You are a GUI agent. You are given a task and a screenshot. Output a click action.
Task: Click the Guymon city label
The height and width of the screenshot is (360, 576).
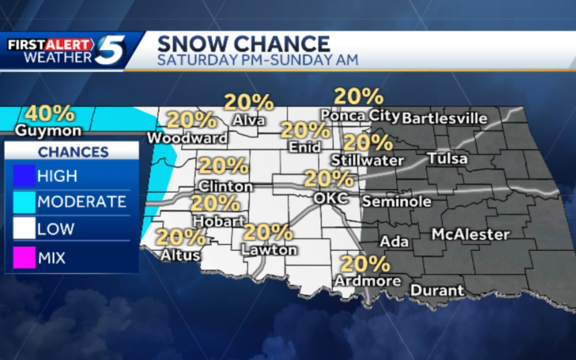click(x=48, y=131)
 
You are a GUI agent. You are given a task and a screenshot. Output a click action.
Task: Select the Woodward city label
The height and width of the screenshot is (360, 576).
click(x=187, y=138)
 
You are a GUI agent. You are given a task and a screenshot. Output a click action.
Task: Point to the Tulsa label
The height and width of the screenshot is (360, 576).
click(x=447, y=159)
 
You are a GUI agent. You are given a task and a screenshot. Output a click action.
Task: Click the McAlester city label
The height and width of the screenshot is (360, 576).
click(x=470, y=234)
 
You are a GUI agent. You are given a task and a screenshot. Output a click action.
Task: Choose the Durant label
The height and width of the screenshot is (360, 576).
click(x=437, y=291)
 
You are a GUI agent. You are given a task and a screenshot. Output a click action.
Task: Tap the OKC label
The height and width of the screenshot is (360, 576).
click(x=330, y=198)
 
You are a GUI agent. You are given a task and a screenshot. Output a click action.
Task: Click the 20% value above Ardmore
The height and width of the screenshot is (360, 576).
click(x=365, y=264)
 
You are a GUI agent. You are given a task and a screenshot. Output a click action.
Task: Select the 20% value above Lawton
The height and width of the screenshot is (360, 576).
click(x=268, y=233)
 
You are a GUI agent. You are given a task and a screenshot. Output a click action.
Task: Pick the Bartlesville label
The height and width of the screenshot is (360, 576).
click(x=444, y=118)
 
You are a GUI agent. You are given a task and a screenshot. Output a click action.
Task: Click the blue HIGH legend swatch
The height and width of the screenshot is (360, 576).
click(x=24, y=176)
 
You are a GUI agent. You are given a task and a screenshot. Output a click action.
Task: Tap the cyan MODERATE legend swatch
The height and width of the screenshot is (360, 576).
click(x=24, y=202)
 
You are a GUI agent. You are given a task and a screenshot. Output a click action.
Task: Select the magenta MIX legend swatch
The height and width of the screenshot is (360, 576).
click(x=24, y=258)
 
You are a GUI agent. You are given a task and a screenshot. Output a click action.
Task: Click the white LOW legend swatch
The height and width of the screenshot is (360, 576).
click(x=24, y=229)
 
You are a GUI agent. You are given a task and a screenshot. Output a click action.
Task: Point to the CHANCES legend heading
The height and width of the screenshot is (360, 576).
click(x=73, y=152)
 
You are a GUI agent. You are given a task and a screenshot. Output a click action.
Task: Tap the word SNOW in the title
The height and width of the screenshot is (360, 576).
click(x=191, y=44)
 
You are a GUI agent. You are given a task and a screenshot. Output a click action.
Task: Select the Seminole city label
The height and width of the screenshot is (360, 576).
click(x=396, y=201)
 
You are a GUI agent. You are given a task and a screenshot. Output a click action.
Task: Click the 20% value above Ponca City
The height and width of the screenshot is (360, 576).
click(x=358, y=97)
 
